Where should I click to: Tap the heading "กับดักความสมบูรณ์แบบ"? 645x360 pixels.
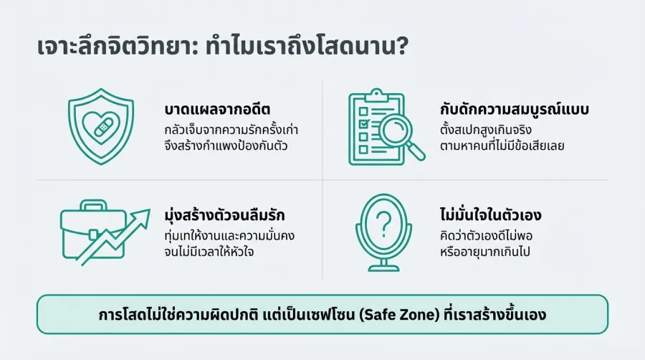514,113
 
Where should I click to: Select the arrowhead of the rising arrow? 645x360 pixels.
143,215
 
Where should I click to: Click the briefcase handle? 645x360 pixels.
94,206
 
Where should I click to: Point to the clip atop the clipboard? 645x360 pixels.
376,95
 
